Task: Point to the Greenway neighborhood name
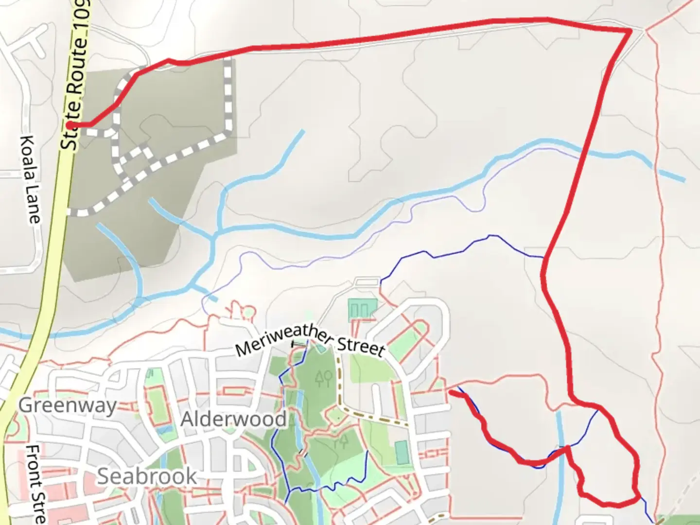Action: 68,405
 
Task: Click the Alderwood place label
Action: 233,419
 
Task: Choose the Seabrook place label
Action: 147,476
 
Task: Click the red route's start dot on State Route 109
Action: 71,125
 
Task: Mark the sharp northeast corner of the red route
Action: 630,31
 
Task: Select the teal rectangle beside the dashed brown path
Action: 402,453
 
